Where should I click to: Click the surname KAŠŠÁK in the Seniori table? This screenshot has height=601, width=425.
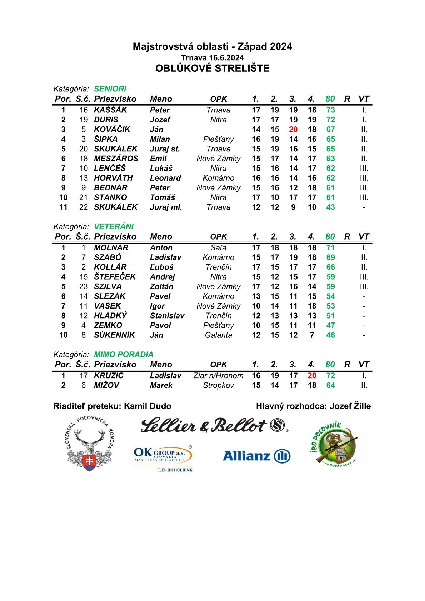coord(110,110)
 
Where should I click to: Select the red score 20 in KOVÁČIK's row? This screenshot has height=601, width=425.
coord(293,130)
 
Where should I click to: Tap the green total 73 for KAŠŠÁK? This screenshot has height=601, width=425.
coord(330,110)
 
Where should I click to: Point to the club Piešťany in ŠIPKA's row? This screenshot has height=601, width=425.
coord(218,139)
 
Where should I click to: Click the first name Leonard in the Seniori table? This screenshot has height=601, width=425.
coord(165,178)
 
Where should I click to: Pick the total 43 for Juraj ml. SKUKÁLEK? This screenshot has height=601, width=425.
coord(330,207)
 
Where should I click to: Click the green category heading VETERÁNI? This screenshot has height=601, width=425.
coord(114,226)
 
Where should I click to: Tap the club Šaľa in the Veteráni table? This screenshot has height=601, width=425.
coord(218,247)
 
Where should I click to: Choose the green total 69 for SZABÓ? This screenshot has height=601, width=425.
coord(330,257)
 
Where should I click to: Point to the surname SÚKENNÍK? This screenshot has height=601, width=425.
coord(114,335)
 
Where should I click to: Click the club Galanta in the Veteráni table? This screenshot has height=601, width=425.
coord(218,335)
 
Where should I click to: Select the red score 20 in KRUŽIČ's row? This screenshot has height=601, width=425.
coord(312,376)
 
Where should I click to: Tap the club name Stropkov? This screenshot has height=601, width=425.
coord(218,385)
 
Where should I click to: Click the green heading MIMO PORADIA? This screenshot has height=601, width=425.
coord(124,354)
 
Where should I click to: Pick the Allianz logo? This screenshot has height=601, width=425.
coord(256,456)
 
